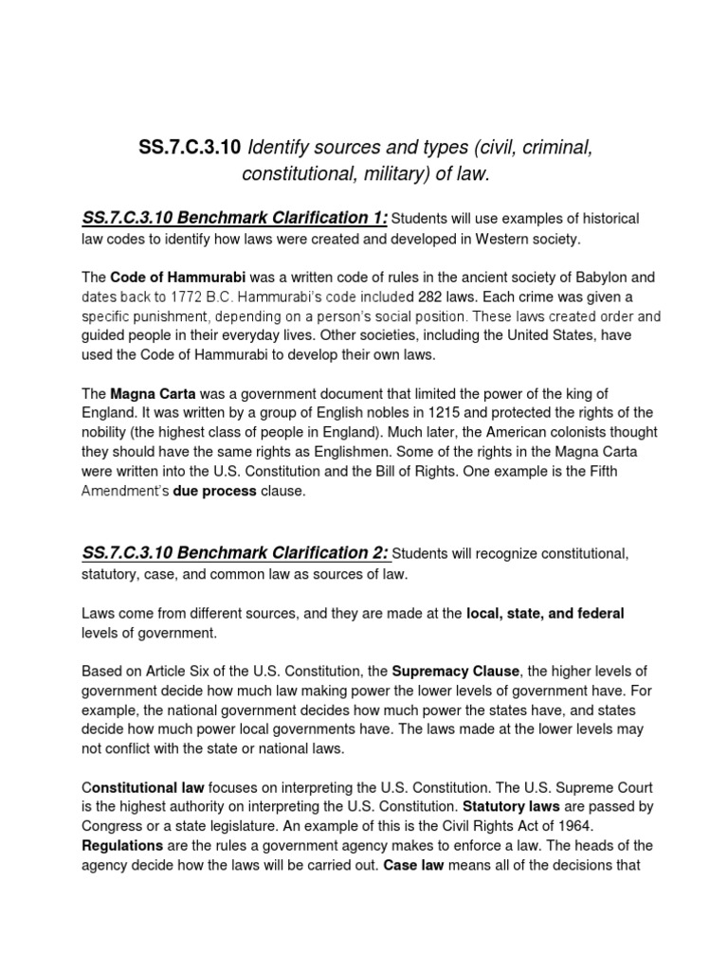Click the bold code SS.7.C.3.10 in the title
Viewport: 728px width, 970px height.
191,148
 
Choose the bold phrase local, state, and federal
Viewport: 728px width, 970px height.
545,614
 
